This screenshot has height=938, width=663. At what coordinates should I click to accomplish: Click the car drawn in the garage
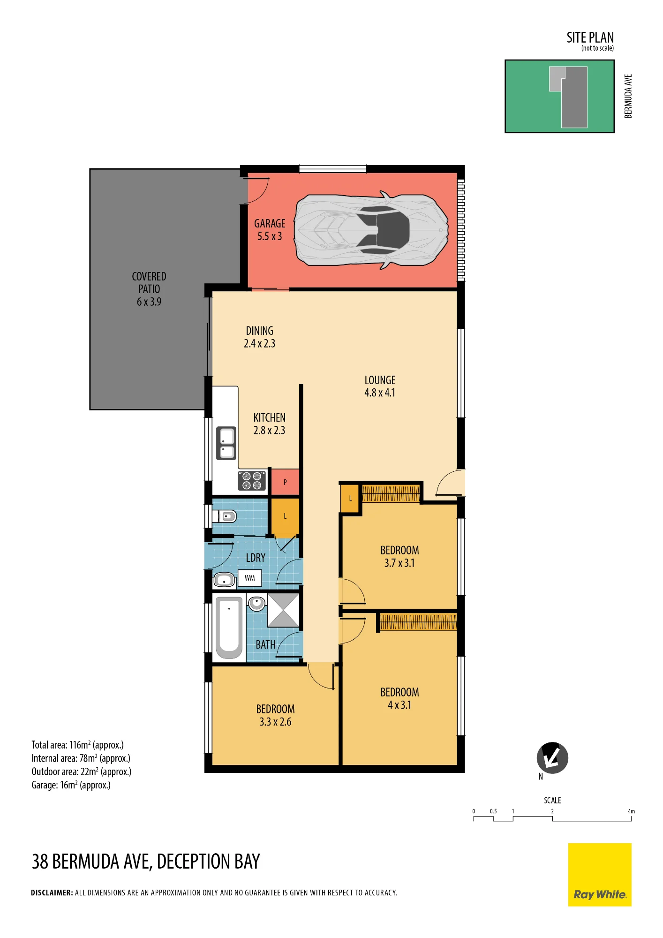click(371, 230)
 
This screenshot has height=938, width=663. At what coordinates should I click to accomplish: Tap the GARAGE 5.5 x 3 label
click(270, 230)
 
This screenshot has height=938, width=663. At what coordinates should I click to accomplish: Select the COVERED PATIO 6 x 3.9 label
click(149, 289)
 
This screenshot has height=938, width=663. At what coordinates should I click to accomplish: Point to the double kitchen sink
click(226, 443)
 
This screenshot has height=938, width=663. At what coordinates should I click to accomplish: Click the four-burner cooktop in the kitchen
click(252, 481)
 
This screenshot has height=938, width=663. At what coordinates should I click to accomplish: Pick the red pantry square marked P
click(285, 482)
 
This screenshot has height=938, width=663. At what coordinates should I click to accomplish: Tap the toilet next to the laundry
click(225, 516)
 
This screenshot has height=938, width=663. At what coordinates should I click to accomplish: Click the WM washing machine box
click(250, 578)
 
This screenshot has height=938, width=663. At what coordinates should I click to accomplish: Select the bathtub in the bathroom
click(229, 628)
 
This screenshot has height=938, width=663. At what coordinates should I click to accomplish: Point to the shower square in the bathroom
click(283, 610)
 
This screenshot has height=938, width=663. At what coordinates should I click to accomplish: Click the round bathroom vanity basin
click(256, 603)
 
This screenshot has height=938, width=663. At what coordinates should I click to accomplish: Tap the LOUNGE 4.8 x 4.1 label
click(380, 386)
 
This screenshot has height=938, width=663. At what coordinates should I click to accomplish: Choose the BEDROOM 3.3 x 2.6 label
click(275, 715)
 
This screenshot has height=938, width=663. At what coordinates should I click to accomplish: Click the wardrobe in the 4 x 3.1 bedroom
click(418, 622)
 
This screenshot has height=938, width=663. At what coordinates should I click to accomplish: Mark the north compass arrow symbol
click(552, 758)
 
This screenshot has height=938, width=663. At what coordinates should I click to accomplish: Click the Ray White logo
click(600, 875)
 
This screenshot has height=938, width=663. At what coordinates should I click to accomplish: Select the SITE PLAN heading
click(590, 38)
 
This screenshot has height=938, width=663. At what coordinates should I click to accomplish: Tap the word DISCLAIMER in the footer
click(52, 893)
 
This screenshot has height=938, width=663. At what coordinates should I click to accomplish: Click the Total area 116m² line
click(77, 745)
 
